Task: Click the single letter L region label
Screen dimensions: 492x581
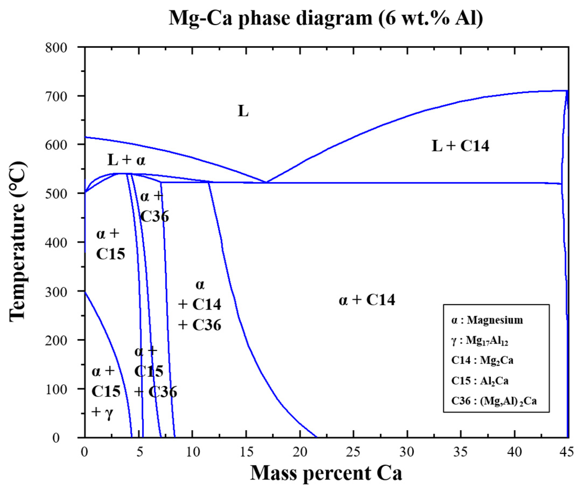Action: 243,111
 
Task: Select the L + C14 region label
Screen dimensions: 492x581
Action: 460,146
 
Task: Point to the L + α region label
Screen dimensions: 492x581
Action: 126,160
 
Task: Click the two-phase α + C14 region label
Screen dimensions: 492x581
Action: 367,300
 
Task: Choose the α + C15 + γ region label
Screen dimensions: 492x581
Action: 106,392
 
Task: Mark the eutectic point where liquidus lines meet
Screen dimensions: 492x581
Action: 266,182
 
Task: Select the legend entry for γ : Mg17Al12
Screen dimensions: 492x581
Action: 480,341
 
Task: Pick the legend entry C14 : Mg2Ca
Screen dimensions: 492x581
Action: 482,361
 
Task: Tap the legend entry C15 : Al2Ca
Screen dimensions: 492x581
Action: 480,381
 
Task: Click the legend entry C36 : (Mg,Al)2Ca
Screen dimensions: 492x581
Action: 494,401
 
